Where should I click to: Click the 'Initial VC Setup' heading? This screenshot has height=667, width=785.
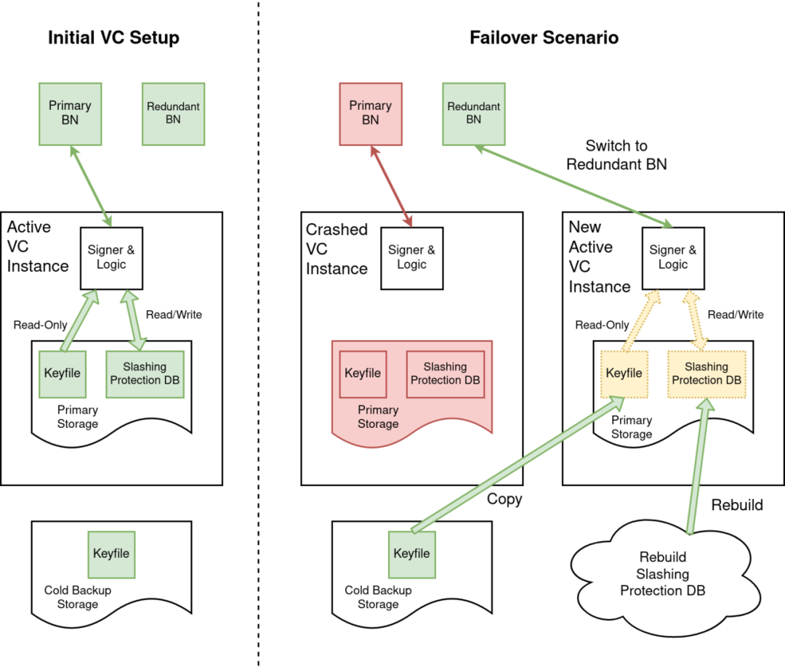(113, 38)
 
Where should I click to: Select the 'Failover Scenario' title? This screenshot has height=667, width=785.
(544, 38)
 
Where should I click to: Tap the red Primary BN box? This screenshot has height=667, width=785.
(371, 114)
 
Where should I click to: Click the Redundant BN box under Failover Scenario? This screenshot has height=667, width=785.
(474, 114)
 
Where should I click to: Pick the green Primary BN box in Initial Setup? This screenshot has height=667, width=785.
(70, 114)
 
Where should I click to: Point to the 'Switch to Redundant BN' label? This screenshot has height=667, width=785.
(616, 155)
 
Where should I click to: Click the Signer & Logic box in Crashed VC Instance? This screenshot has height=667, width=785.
(412, 258)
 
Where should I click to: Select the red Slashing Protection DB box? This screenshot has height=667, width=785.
(446, 374)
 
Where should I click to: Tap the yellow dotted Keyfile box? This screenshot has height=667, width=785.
(624, 374)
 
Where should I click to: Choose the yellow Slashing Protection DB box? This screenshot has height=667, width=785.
(706, 374)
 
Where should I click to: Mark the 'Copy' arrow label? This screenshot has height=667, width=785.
(504, 499)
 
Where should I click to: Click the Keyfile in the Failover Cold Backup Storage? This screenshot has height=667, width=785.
(412, 554)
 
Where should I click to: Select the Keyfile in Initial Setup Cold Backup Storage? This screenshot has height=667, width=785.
(111, 554)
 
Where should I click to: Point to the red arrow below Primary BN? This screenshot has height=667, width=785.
(392, 186)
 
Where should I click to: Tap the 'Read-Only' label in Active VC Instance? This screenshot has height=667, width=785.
(40, 326)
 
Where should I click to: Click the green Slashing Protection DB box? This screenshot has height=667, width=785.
(145, 374)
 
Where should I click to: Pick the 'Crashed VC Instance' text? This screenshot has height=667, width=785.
(337, 248)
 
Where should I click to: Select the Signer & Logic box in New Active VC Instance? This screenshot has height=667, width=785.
(673, 258)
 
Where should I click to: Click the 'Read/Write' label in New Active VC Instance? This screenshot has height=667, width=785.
(736, 315)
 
